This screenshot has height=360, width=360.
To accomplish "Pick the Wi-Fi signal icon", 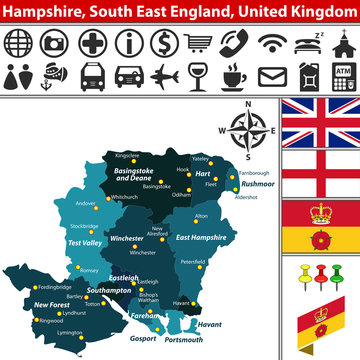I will (x=270, y=44).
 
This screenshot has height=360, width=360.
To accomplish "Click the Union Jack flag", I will (x=319, y=123).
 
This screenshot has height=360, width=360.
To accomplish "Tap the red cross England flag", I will (x=319, y=173).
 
